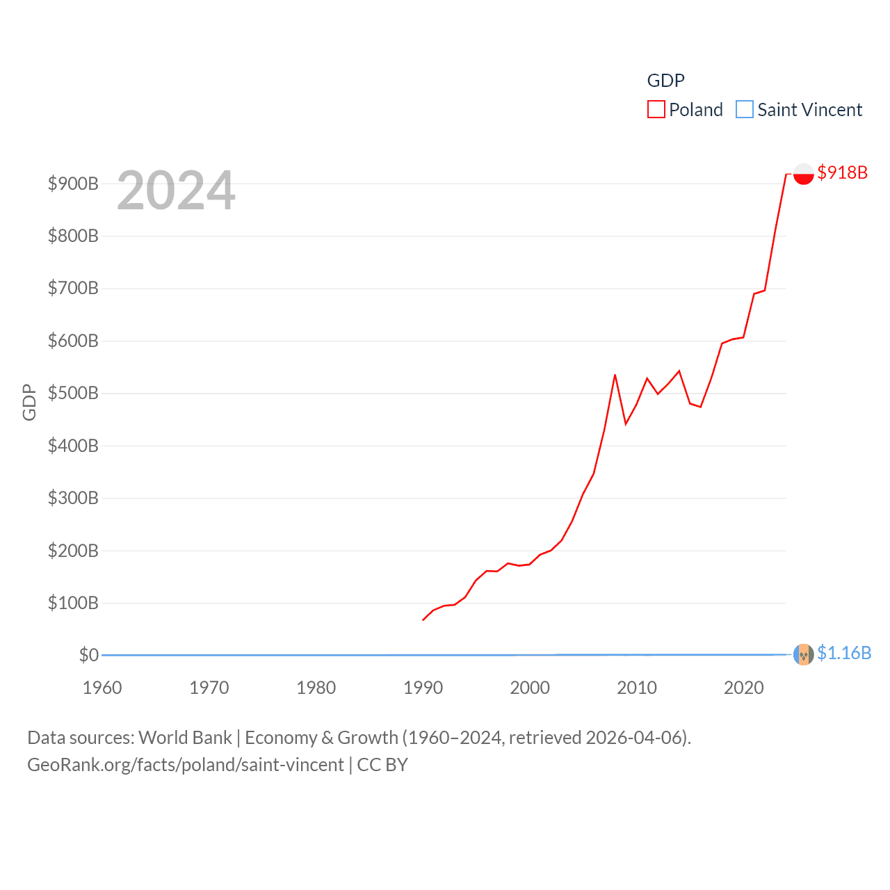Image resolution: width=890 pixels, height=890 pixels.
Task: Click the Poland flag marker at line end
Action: click(803, 173)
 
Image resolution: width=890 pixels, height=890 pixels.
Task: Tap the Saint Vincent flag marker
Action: click(803, 654)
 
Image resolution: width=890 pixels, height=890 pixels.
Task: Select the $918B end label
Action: click(842, 172)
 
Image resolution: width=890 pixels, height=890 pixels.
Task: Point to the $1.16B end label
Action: click(843, 653)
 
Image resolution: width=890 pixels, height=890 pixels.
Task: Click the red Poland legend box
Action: click(656, 110)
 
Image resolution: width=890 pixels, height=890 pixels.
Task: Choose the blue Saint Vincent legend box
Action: click(744, 110)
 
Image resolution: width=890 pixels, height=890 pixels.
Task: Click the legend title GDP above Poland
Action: click(665, 81)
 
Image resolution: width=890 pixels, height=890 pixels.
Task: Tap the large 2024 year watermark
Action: click(176, 191)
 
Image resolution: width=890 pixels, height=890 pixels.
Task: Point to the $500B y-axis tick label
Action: click(73, 394)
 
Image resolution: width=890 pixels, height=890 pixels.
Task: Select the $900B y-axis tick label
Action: click(73, 184)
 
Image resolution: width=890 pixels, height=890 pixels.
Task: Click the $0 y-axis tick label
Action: click(89, 655)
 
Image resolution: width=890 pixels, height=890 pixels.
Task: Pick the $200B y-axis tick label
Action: click(73, 551)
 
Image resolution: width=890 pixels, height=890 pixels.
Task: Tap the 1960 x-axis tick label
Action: click(102, 688)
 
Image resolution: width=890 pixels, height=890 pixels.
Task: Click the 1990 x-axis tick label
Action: click(423, 688)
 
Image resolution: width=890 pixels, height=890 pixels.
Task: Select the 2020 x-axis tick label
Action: click(743, 688)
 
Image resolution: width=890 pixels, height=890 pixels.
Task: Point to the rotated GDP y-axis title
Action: click(29, 402)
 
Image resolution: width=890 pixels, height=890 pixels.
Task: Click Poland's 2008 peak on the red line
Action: click(615, 375)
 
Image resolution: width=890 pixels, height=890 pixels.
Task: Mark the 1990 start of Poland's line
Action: click(423, 620)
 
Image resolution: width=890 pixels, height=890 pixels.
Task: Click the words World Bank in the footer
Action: click(185, 737)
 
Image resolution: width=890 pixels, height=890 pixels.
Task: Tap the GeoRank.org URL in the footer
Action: click(185, 765)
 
